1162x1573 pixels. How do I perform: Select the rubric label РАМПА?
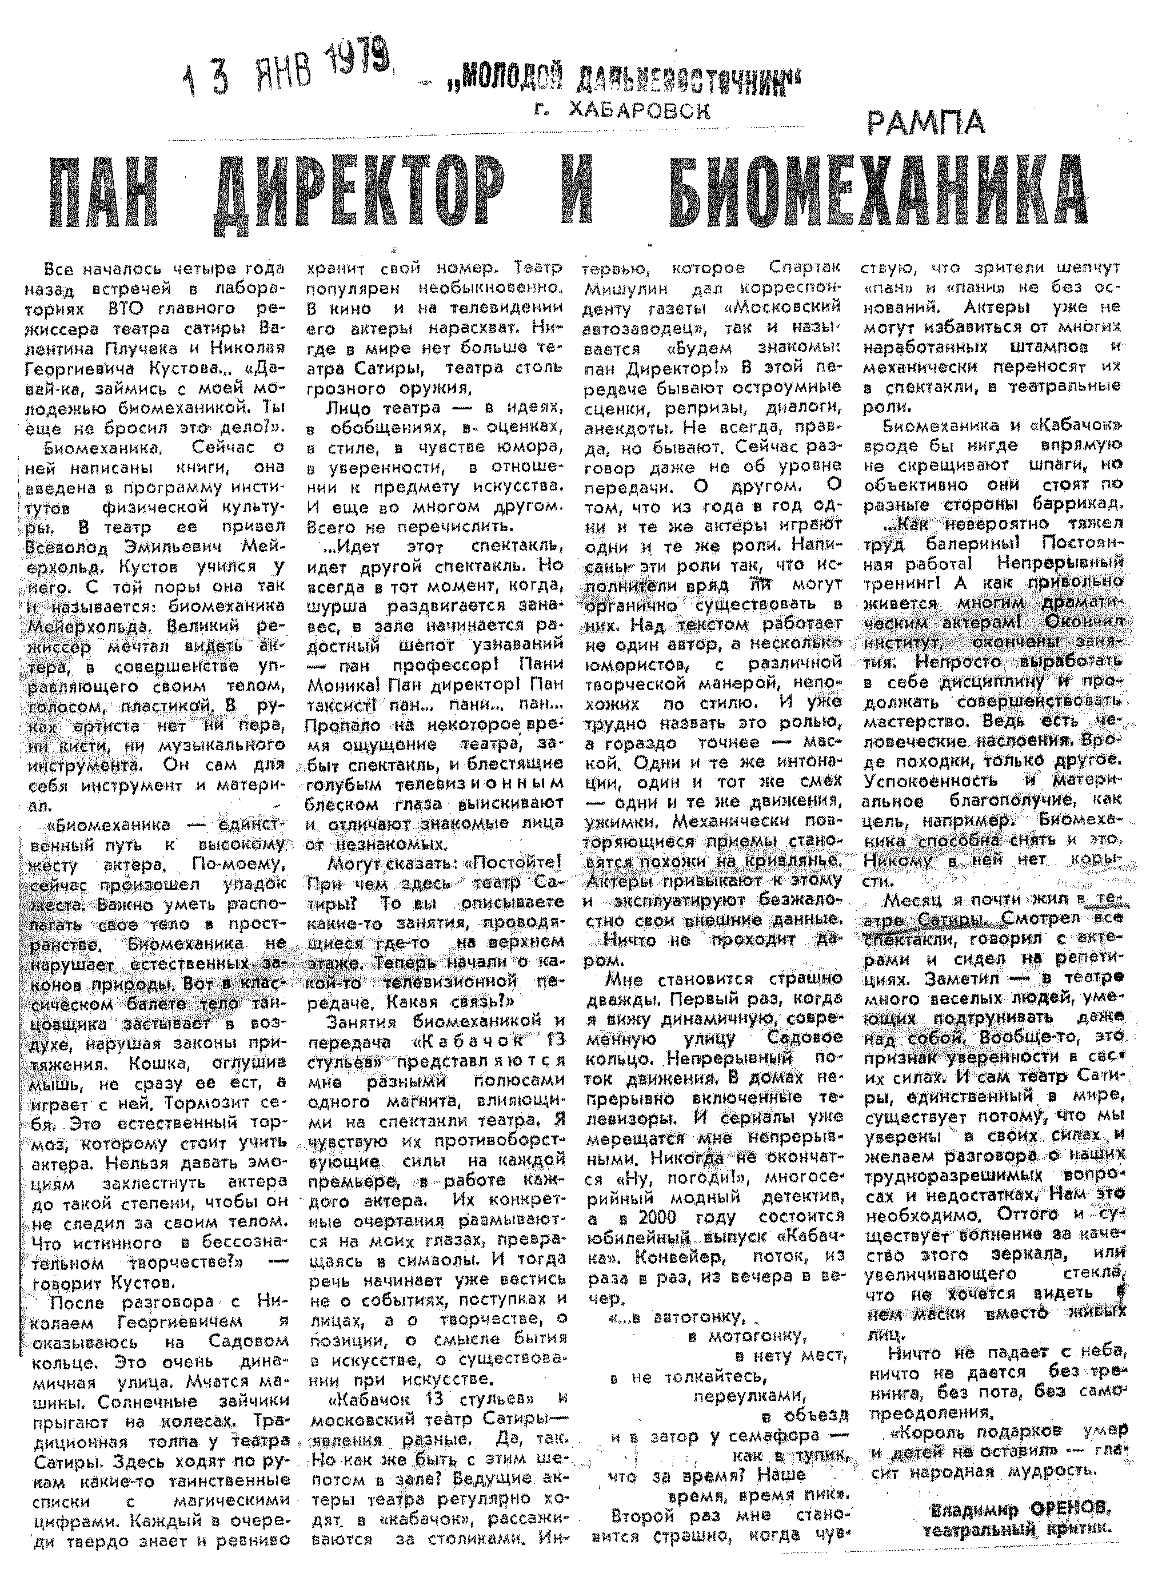coord(925,123)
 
